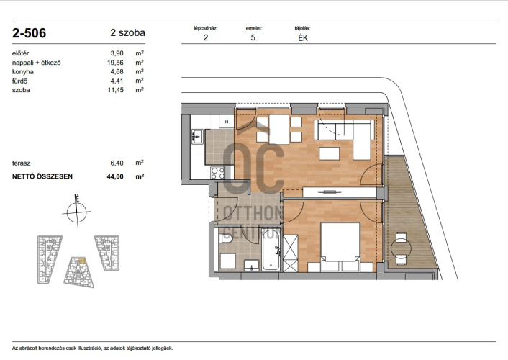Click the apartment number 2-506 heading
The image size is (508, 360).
(x=30, y=33)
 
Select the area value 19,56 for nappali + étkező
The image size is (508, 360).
(x=115, y=63)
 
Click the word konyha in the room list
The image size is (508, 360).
(x=23, y=72)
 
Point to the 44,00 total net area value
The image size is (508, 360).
(x=115, y=176)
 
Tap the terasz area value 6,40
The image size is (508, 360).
(x=117, y=163)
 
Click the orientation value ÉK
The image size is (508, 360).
(x=303, y=38)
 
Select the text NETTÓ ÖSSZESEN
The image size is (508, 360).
(x=42, y=176)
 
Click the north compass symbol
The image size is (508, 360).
(x=77, y=212)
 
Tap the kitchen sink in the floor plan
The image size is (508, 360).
(x=197, y=136)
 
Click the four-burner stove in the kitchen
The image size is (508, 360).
(x=218, y=173)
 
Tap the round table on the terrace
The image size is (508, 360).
(x=401, y=248)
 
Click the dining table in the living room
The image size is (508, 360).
(x=279, y=130)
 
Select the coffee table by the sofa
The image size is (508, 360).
(x=329, y=154)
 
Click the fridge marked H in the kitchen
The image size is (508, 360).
(x=227, y=122)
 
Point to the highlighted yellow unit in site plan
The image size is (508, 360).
(x=81, y=260)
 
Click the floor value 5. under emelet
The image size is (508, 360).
(x=254, y=38)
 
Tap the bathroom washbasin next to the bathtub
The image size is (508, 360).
(x=251, y=265)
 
